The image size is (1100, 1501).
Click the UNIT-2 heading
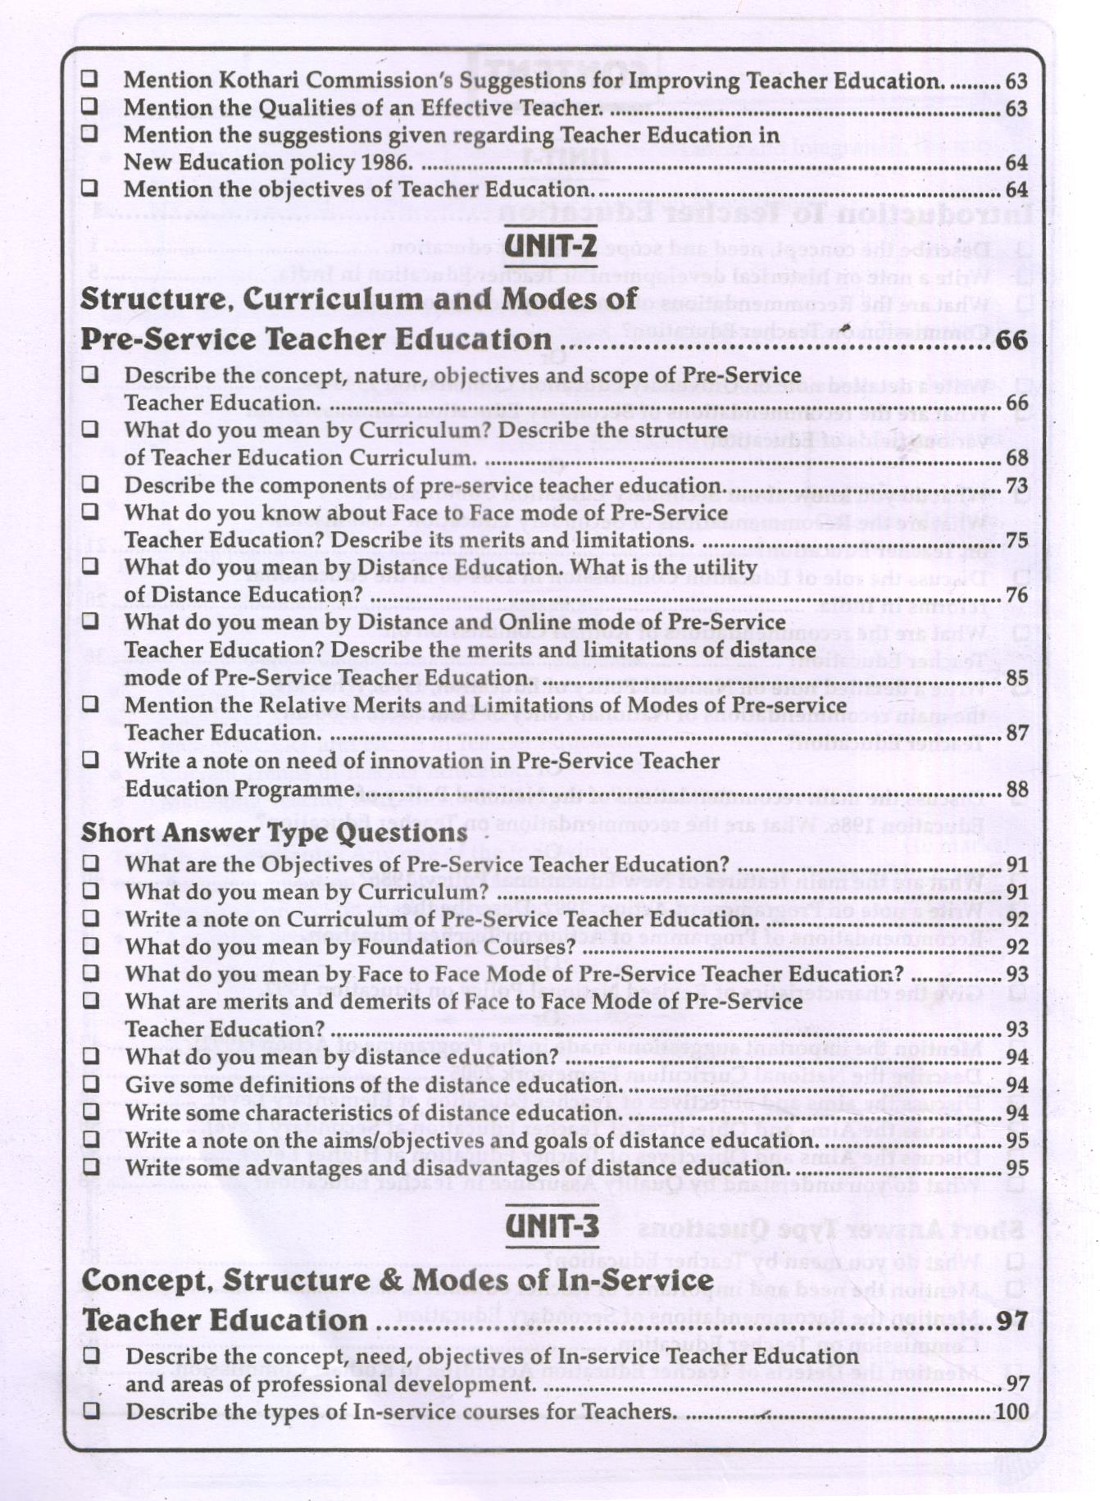coord(551,244)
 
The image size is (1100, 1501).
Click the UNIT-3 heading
coord(552,1226)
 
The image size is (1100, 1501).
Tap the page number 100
coord(1011,1412)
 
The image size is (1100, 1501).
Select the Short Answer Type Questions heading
coord(275,832)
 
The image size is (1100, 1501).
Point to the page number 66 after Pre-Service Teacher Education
coord(1011,339)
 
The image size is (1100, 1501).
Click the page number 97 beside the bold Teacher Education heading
coord(1013,1321)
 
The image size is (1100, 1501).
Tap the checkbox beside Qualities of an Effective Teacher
coord(89,107)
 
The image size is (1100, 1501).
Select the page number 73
coord(1016,485)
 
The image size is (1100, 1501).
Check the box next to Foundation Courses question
coord(90,946)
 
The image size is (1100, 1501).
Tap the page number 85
coord(1016,678)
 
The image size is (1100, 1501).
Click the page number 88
coord(1016,789)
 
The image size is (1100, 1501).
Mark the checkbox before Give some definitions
coord(90,1084)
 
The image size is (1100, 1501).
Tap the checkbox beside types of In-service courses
coord(91,1411)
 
